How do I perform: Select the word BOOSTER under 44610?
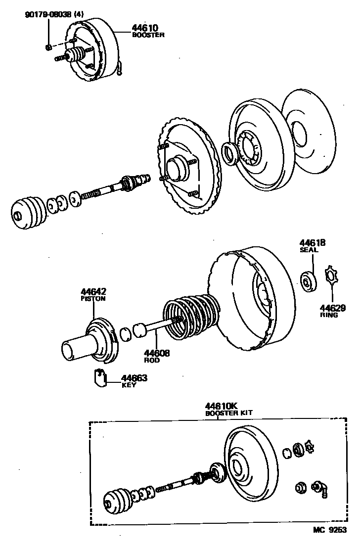click(148, 35)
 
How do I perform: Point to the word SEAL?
click(309, 250)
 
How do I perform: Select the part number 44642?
click(93, 292)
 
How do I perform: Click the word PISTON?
click(93, 299)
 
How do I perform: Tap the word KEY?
click(129, 385)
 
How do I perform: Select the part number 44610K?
click(223, 406)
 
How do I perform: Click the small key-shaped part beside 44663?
click(101, 377)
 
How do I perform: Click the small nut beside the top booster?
click(48, 47)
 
